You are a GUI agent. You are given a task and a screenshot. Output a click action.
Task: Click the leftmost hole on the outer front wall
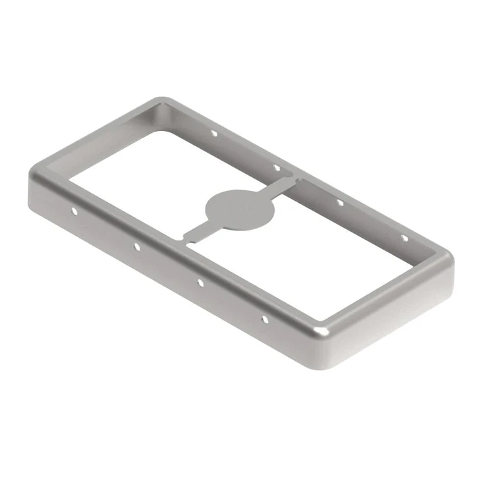(x=74, y=212)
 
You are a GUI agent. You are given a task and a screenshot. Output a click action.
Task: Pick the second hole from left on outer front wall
(x=137, y=247)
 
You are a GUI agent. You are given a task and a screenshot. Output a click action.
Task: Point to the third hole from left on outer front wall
(x=200, y=283)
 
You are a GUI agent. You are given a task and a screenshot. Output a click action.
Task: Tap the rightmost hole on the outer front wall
(x=265, y=319)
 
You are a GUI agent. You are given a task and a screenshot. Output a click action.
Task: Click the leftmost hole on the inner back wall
(x=214, y=133)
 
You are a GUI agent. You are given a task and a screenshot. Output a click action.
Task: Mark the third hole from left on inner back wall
(x=340, y=202)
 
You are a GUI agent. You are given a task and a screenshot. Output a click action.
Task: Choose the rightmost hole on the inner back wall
(x=403, y=237)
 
